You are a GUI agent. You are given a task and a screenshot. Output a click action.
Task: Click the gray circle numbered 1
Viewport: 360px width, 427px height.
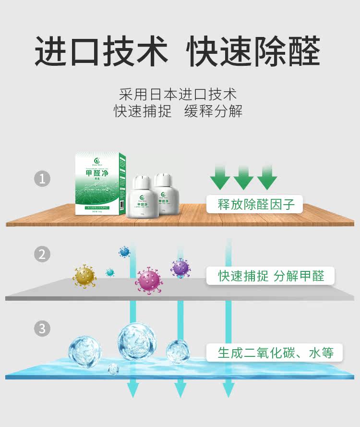pyautogui.click(x=42, y=179)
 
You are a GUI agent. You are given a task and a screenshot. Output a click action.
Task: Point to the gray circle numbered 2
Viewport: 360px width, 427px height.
pyautogui.click(x=42, y=254)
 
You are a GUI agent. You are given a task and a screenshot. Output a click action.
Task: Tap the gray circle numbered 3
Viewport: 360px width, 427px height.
pyautogui.click(x=42, y=329)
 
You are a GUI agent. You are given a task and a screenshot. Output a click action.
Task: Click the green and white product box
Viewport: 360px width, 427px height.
pyautogui.click(x=98, y=183)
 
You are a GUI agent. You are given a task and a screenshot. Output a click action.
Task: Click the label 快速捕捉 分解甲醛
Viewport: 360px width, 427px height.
pyautogui.click(x=271, y=276)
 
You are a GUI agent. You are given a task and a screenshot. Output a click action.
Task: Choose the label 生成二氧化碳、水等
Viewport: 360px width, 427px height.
pyautogui.click(x=275, y=353)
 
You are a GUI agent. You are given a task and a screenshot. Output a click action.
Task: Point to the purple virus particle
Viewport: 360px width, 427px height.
pyautogui.click(x=180, y=268)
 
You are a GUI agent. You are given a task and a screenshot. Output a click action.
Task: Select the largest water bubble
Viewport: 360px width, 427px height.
pyautogui.click(x=137, y=341)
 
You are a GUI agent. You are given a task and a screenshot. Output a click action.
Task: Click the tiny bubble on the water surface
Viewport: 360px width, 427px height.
pyautogui.click(x=113, y=369)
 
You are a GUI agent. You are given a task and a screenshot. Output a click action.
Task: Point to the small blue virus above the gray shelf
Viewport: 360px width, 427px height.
pyautogui.click(x=124, y=251)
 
